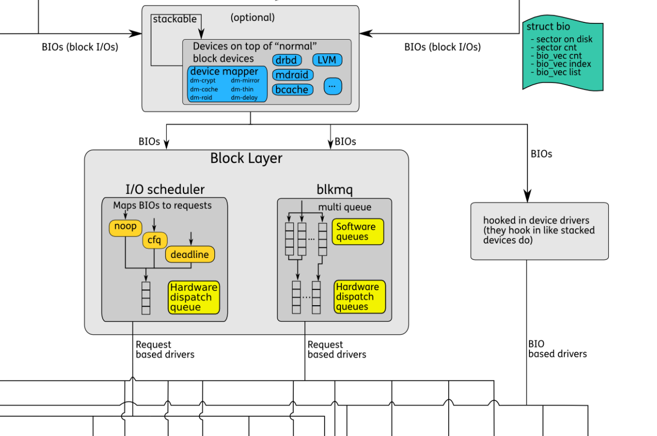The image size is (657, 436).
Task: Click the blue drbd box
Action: pos(286,60)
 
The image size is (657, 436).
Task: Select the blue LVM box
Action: pos(327,60)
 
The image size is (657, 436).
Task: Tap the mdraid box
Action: pos(293,75)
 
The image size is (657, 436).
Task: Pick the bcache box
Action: pos(293,90)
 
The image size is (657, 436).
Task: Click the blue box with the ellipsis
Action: pos(332,85)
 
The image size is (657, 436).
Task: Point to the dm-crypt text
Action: pos(203,80)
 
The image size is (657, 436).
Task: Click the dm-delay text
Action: pos(244,97)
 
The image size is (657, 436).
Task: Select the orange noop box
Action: pos(125,227)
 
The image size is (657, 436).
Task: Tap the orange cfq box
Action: pos(154,240)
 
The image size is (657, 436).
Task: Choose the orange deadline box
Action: pos(190,254)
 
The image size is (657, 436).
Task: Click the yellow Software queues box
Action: pos(358,232)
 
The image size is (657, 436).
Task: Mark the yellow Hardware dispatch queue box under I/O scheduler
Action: pos(194,297)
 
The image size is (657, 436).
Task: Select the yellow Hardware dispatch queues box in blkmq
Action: pos(359,297)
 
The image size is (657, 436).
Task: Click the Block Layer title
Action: pos(246,158)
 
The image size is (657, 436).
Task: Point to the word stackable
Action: pos(174,19)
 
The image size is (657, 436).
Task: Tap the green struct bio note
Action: pos(562,55)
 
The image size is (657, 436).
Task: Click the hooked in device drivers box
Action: pos(539,230)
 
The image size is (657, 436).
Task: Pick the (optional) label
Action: pos(253,18)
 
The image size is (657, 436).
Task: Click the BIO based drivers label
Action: pos(557,349)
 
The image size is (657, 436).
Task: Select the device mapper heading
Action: pos(224,72)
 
